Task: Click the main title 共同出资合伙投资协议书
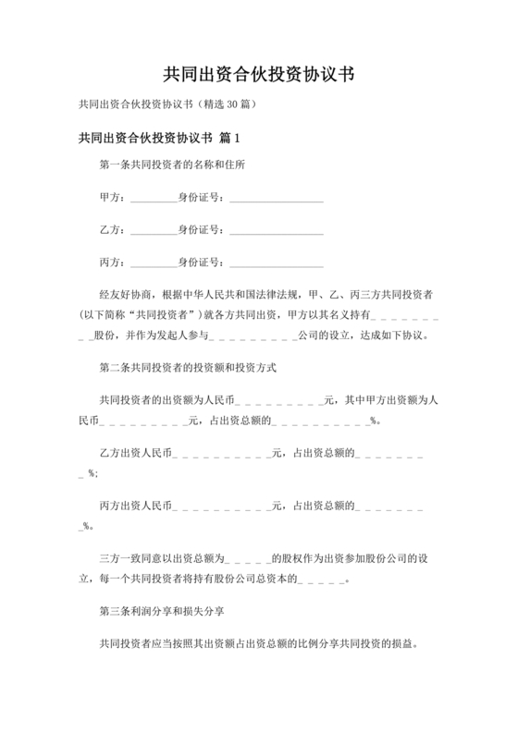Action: [x=258, y=73]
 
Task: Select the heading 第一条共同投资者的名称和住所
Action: [x=172, y=165]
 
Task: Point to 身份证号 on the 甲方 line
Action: [x=200, y=197]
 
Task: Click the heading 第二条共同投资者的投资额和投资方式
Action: [x=187, y=367]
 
